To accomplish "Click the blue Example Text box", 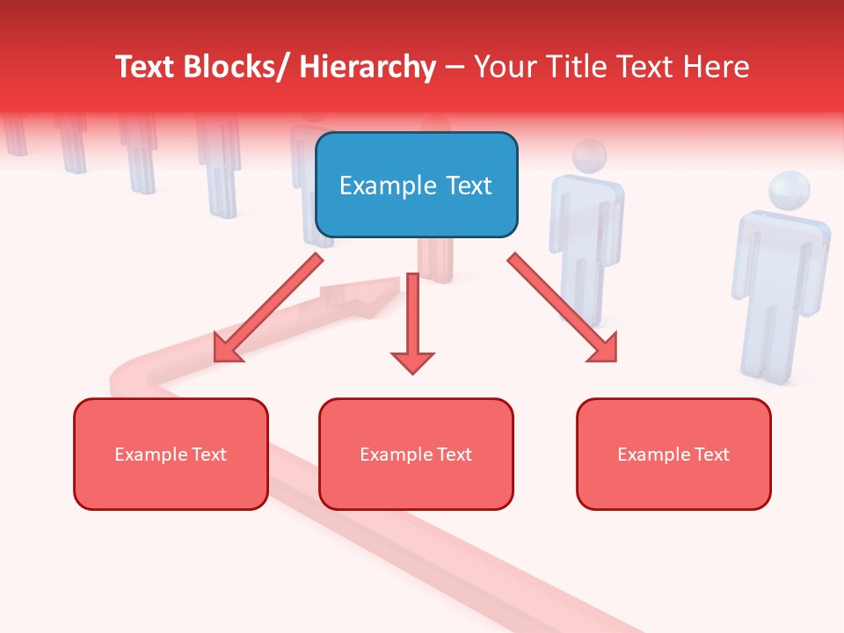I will (416, 185).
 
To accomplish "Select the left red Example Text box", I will (171, 454).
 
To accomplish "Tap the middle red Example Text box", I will (416, 454).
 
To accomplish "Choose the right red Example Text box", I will (673, 454).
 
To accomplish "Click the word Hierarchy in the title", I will (367, 67).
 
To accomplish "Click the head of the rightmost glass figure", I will (788, 192).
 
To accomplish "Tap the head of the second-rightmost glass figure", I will (588, 156).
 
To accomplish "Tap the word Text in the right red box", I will (710, 454).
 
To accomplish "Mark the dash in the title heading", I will (455, 68).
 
